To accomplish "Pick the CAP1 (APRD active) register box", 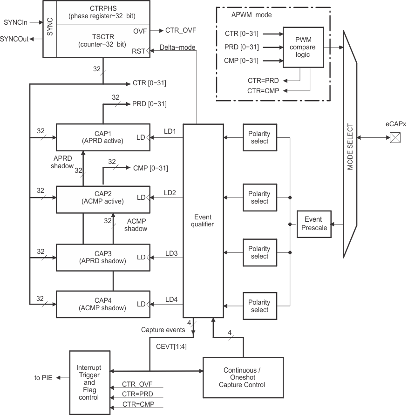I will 102,137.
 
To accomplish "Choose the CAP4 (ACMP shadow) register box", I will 102,304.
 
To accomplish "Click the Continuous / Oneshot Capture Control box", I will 242,377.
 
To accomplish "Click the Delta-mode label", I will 177,48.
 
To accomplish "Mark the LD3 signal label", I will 171,253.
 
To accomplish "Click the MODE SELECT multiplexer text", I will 350,146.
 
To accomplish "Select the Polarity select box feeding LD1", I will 259,137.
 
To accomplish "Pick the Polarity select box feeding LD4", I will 259,306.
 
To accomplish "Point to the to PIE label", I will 43,378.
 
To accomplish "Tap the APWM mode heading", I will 252,15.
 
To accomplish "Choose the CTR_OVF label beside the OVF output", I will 181,30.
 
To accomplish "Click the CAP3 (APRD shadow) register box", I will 102,257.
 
